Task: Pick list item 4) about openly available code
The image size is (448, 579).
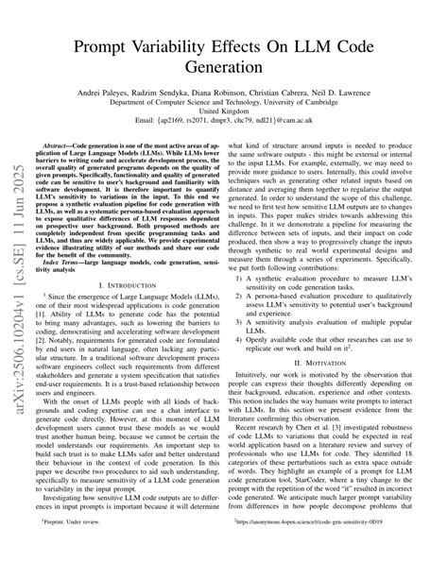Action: coord(338,342)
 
